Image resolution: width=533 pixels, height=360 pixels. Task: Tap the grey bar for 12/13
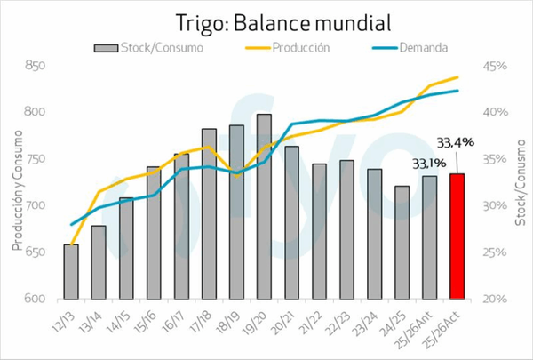click(71, 271)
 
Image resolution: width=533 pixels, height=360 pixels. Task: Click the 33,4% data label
click(456, 141)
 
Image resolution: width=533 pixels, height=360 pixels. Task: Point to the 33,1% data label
click(429, 164)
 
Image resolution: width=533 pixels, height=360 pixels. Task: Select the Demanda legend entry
click(414, 46)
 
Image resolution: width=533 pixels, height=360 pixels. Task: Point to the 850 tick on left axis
click(36, 66)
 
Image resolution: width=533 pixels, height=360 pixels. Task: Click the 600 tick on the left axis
click(36, 299)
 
